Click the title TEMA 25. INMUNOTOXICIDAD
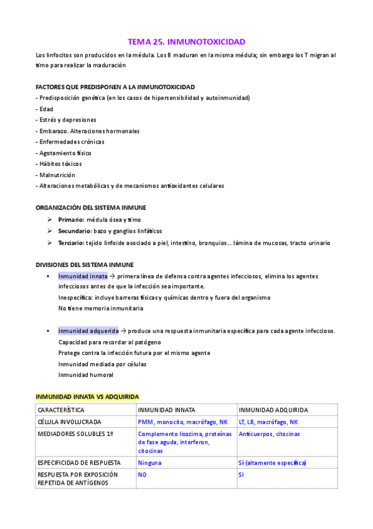coord(186,42)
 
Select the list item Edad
coord(46,109)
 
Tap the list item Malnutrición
coord(57,175)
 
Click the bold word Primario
coord(71,220)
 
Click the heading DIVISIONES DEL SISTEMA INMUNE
coord(84,264)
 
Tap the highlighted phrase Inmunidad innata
coord(83,276)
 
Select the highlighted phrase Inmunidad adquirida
coord(88,331)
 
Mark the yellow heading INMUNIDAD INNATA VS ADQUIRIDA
coord(87,396)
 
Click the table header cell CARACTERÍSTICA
coord(61,410)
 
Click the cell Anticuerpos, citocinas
coord(269,434)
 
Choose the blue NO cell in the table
coord(142,475)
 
